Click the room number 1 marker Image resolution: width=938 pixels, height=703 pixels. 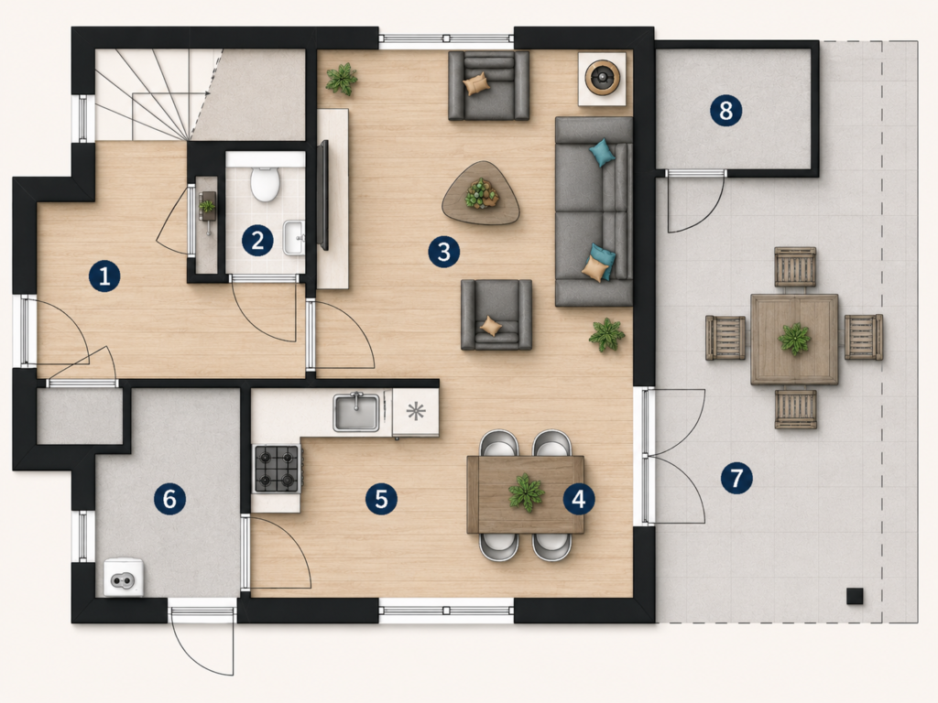click(x=104, y=276)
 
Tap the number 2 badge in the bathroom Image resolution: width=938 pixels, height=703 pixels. click(x=257, y=241)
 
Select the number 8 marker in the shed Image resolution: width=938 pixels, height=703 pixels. click(x=725, y=111)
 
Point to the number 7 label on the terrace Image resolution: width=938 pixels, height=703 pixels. click(x=736, y=478)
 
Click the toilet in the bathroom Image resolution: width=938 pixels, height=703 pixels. click(x=265, y=183)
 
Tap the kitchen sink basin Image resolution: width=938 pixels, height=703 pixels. click(x=356, y=412)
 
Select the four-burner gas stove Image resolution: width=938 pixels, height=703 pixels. click(x=277, y=469)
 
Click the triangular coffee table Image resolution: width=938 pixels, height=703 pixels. click(x=481, y=193)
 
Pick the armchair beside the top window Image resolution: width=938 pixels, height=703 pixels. click(x=489, y=85)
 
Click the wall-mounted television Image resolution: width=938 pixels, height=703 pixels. click(x=323, y=195)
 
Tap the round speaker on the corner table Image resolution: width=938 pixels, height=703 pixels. click(x=602, y=78)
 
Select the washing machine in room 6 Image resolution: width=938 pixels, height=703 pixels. click(x=125, y=577)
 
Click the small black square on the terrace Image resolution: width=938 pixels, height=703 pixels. click(x=855, y=596)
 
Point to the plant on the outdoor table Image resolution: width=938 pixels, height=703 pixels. click(x=795, y=339)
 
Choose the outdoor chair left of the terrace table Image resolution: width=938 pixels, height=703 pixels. click(x=725, y=338)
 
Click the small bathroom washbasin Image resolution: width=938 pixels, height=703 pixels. click(x=294, y=237)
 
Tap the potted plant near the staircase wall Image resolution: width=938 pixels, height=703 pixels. click(x=342, y=79)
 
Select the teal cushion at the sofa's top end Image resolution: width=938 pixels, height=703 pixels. click(x=602, y=153)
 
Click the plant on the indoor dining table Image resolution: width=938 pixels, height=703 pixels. click(x=527, y=492)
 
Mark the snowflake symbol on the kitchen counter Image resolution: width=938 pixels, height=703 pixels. click(x=416, y=411)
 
